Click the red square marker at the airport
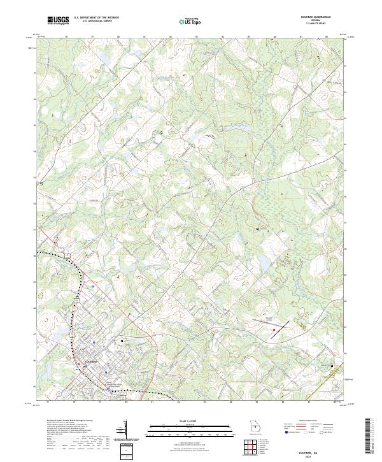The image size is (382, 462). (274, 329)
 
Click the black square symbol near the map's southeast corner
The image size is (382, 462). (332, 365)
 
